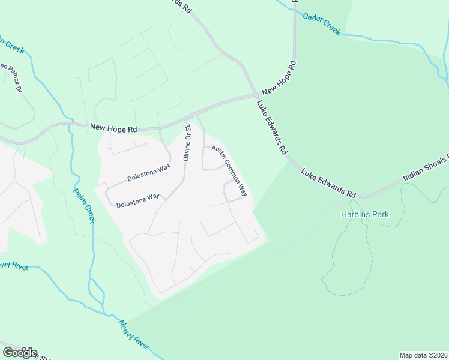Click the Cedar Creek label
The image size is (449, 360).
tap(321, 25)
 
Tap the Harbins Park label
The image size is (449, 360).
tap(365, 214)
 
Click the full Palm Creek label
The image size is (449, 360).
tap(85, 206)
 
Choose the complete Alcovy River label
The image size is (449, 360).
tap(133, 335)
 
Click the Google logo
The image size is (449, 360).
tap(20, 353)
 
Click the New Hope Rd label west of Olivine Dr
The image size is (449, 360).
tap(113, 128)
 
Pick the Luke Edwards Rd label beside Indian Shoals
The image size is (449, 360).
tap(329, 182)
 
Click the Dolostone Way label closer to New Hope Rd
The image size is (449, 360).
tap(149, 175)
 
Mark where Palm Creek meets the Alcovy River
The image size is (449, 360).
tap(106, 313)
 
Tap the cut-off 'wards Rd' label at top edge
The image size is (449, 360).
tap(181, 6)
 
